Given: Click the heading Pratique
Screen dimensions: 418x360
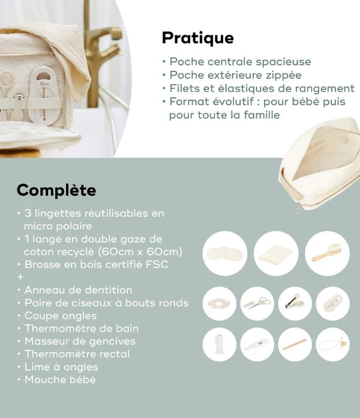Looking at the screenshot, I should (x=197, y=38).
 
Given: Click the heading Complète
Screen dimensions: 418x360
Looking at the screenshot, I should (x=56, y=190).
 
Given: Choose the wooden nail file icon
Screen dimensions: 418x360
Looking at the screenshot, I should (x=295, y=345).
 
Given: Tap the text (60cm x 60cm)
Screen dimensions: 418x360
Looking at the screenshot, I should (x=152, y=251).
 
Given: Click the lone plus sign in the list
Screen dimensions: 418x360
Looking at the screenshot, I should (x=20, y=277).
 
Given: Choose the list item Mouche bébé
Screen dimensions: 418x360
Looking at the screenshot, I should (x=60, y=380).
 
